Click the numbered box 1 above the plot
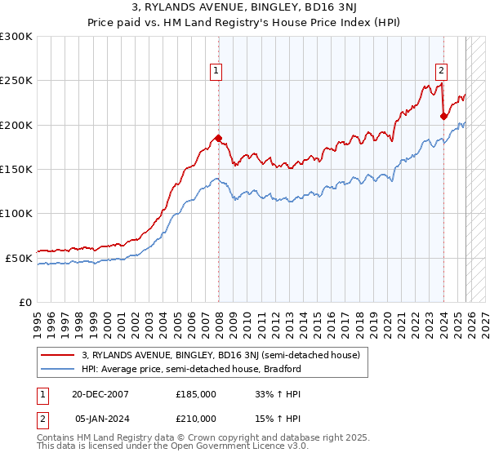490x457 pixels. click(x=217, y=71)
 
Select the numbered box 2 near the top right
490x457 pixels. click(x=441, y=71)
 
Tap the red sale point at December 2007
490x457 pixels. click(x=218, y=138)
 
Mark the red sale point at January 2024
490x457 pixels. click(x=443, y=116)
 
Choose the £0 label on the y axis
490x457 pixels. click(x=25, y=302)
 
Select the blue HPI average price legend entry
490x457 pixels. click(x=192, y=369)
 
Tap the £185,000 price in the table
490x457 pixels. click(x=196, y=393)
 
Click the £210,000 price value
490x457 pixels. click(x=196, y=418)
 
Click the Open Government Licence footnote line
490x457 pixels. click(x=161, y=448)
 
